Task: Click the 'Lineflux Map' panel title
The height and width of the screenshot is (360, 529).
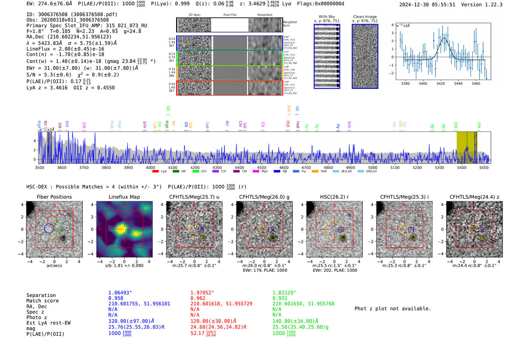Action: click(124, 197)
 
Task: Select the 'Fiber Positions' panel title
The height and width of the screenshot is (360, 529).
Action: click(54, 197)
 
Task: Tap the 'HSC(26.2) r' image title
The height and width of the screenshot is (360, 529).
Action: click(334, 197)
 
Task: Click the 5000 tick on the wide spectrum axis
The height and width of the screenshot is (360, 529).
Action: click(373, 167)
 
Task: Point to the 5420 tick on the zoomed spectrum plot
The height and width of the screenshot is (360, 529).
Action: click(441, 83)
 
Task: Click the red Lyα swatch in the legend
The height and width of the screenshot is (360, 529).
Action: click(155, 172)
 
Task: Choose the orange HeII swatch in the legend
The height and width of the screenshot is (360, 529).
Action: click(315, 172)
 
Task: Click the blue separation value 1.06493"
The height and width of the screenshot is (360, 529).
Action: click(120, 293)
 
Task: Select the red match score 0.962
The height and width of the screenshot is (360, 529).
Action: click(198, 298)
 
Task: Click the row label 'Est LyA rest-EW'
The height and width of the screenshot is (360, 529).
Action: click(48, 323)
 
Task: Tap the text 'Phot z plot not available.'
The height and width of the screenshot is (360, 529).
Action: click(393, 309)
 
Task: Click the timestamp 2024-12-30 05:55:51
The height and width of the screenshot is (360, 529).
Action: click(427, 5)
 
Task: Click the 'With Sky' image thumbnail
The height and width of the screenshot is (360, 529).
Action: click(327, 56)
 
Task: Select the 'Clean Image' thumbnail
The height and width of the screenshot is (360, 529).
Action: click(365, 56)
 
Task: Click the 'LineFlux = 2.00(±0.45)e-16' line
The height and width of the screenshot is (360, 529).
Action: click(65, 49)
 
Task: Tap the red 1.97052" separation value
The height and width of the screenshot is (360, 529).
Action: click(202, 293)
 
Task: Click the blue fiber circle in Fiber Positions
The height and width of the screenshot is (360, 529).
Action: click(49, 228)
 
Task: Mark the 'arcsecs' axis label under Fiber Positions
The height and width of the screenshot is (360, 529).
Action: click(54, 266)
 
